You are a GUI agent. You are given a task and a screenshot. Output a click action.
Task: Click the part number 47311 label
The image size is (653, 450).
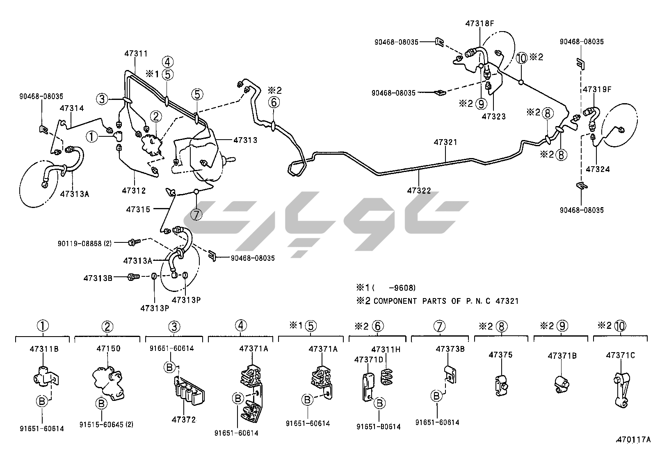click(x=136, y=54)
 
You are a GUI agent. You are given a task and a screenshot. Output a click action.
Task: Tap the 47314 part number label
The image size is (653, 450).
click(x=72, y=109)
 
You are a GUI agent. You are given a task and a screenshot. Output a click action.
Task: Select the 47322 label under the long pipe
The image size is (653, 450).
click(x=419, y=190)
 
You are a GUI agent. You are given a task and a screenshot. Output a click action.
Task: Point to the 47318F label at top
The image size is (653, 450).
click(x=479, y=23)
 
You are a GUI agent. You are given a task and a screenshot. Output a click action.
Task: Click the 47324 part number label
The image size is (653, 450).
click(x=598, y=169)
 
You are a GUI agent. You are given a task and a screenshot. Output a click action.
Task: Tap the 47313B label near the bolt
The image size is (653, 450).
click(x=98, y=278)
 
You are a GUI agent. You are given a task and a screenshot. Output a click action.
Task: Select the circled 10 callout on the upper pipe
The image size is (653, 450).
click(x=522, y=58)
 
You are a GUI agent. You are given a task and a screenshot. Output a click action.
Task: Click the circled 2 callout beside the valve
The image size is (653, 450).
click(x=156, y=117)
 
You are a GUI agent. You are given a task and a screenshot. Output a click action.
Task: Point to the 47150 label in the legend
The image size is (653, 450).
click(x=108, y=348)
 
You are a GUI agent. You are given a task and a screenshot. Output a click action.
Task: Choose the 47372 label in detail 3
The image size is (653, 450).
click(x=184, y=420)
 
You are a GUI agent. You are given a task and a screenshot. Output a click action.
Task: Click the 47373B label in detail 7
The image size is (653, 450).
click(x=450, y=349)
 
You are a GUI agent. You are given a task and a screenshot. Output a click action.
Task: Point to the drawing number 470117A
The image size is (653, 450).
click(x=633, y=440)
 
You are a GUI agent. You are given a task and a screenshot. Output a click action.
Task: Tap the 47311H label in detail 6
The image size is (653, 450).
click(x=386, y=349)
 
